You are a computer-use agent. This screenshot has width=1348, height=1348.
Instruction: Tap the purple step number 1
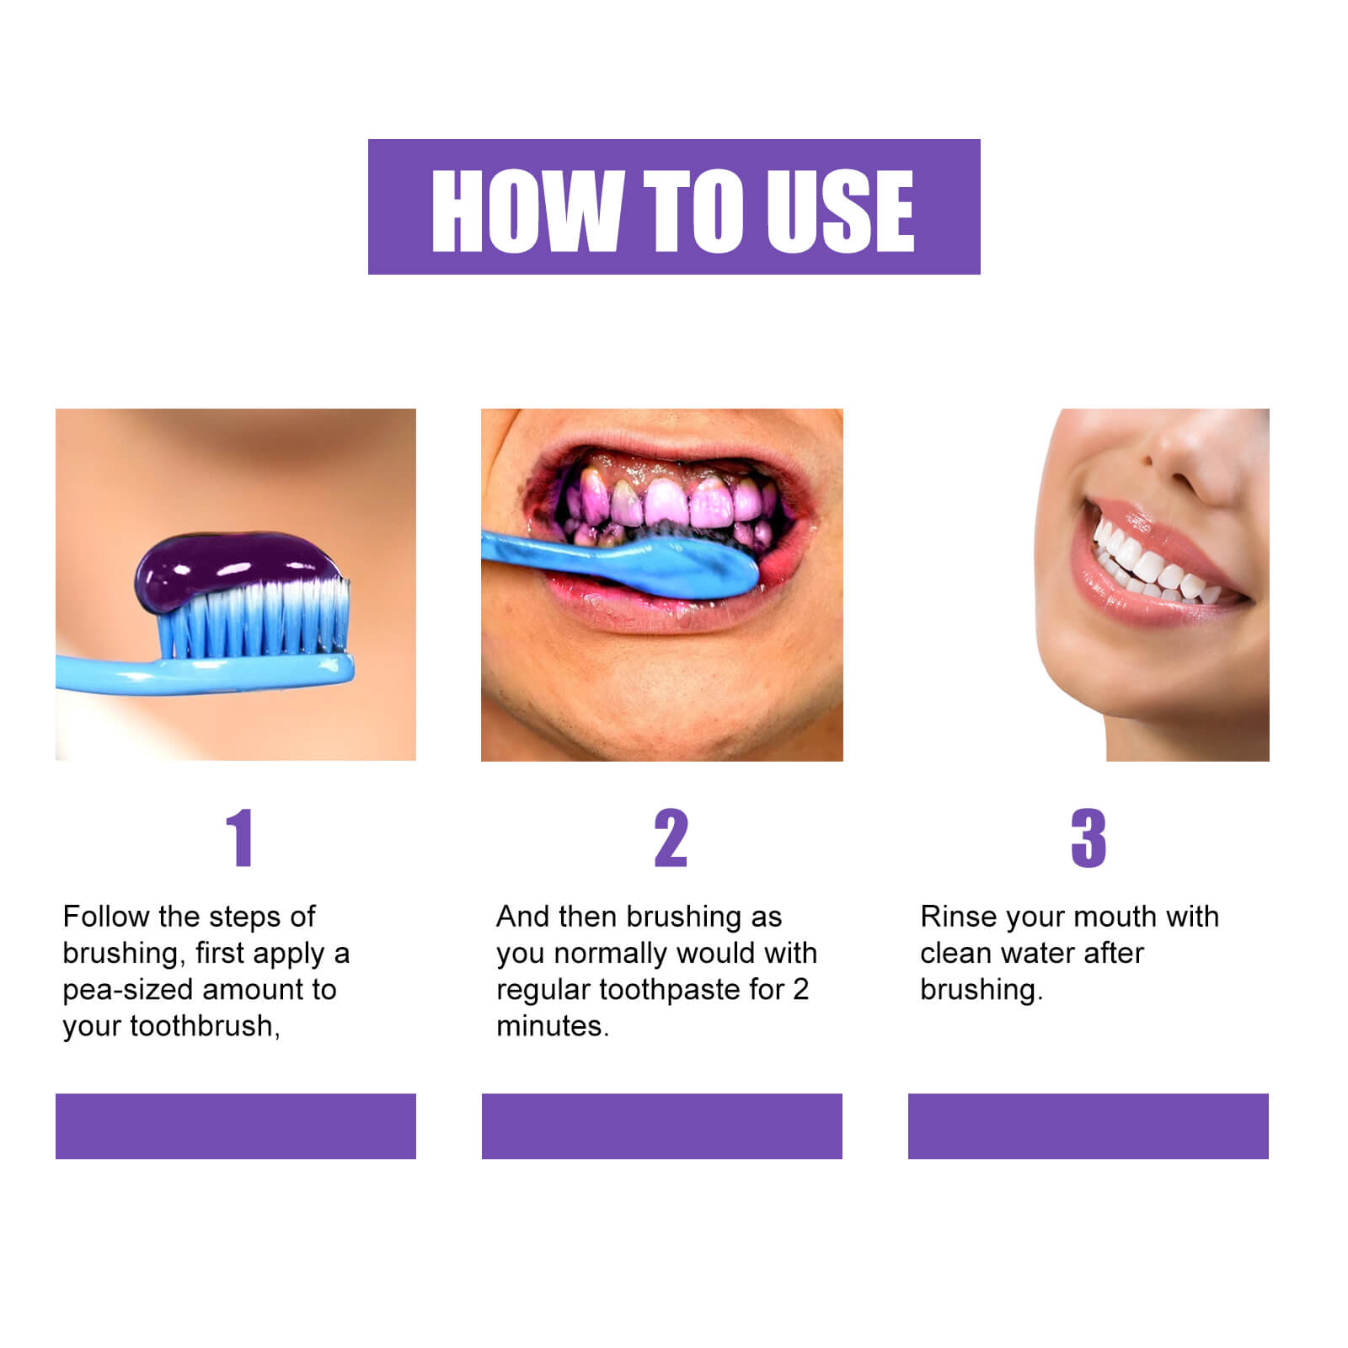click(x=240, y=837)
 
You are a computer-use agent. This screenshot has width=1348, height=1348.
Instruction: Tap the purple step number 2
click(x=671, y=837)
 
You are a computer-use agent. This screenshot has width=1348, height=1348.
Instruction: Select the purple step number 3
click(x=1088, y=837)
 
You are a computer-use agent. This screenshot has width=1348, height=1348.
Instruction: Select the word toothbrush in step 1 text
click(x=202, y=1026)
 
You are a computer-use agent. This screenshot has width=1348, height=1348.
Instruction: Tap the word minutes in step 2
click(x=551, y=1026)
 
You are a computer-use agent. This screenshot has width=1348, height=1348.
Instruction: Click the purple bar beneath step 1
click(x=236, y=1126)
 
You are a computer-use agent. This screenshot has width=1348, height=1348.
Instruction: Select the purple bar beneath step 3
click(x=1088, y=1126)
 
